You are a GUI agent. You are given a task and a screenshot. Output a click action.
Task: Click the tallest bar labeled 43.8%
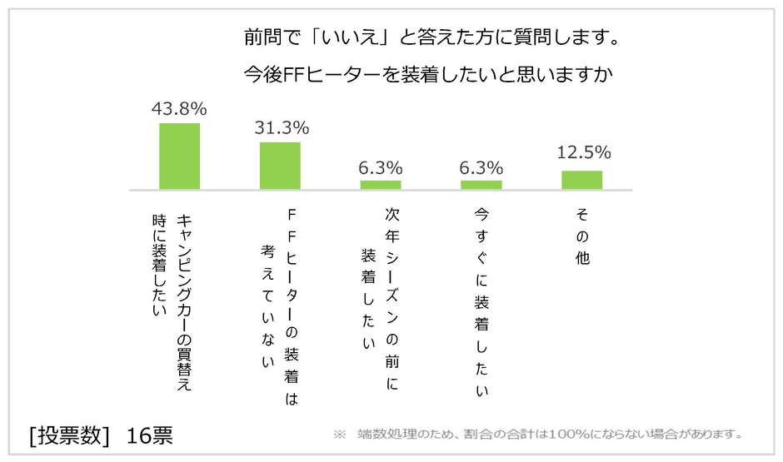click(179, 156)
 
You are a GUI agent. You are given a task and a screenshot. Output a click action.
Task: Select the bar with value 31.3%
click(280, 166)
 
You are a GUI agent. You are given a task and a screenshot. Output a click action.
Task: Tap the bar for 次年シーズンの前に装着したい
click(381, 184)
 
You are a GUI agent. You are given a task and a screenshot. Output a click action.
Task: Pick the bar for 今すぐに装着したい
click(481, 184)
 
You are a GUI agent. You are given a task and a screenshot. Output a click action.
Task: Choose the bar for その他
click(581, 180)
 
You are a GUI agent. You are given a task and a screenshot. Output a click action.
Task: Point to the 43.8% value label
click(179, 109)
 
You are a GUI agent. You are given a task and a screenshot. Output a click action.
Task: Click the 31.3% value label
click(281, 128)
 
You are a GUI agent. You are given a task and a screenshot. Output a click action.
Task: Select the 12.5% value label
click(583, 152)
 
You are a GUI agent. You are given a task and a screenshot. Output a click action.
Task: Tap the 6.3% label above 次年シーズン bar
click(381, 167)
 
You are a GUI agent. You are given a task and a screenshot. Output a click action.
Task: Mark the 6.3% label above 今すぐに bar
click(481, 167)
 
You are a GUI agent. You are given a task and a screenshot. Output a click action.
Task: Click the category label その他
click(582, 236)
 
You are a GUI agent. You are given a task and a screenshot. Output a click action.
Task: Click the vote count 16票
click(150, 436)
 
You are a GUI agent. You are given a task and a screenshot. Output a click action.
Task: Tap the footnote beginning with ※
click(537, 435)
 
